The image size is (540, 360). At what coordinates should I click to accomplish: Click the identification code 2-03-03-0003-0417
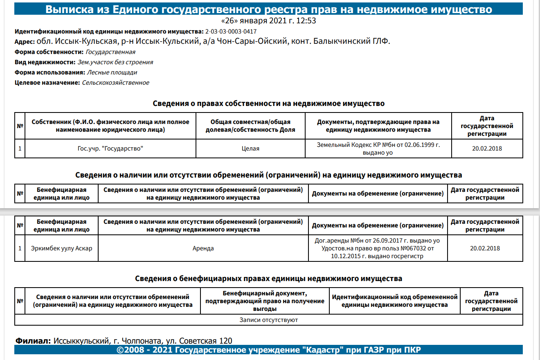pyautogui.click(x=231, y=32)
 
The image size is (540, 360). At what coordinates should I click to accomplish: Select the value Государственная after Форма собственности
pyautogui.click(x=110, y=52)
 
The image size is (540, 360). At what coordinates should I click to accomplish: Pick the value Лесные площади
pyautogui.click(x=112, y=72)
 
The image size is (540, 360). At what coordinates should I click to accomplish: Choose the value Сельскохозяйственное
pyautogui.click(x=115, y=83)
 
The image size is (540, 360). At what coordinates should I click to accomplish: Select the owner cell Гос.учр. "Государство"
pyautogui.click(x=110, y=148)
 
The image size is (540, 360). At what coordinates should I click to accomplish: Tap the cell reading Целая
pyautogui.click(x=250, y=148)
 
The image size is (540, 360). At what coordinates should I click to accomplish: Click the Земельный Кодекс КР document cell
pyautogui.click(x=378, y=148)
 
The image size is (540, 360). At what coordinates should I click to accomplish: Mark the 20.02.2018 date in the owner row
pyautogui.click(x=487, y=148)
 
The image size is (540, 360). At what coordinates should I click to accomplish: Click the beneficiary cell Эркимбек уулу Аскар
pyautogui.click(x=61, y=248)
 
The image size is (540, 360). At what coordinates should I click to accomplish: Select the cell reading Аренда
pyautogui.click(x=203, y=248)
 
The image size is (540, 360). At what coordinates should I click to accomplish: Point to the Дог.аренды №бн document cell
pyautogui.click(x=377, y=248)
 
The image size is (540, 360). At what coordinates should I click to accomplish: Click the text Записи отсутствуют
pyautogui.click(x=268, y=320)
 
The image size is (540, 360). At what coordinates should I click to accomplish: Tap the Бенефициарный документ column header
pyautogui.click(x=265, y=301)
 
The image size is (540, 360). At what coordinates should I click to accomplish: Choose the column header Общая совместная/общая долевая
pyautogui.click(x=250, y=126)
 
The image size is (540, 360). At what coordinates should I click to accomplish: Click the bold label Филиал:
pyautogui.click(x=33, y=341)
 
